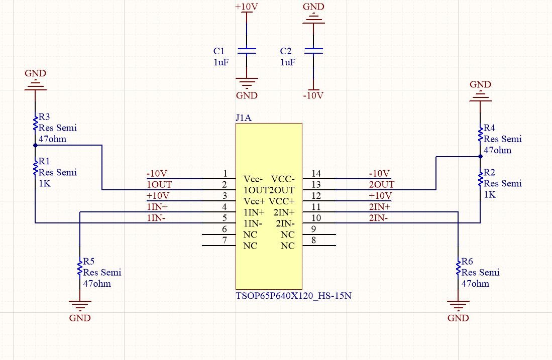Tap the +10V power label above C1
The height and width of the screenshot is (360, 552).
pos(247,8)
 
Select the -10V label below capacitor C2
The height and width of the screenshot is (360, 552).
pos(314,95)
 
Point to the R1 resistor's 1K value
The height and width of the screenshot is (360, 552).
pos(44,183)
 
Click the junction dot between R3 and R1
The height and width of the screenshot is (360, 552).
pos(35,146)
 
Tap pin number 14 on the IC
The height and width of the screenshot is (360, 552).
pos(316,174)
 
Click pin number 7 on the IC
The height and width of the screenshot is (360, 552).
pos(224,241)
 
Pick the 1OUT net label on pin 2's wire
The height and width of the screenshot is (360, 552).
pos(159,185)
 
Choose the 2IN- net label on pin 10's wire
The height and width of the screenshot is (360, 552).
pos(378,218)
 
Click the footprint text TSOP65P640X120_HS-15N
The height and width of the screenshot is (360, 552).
pos(293,296)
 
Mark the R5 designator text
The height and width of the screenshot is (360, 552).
pos(89,262)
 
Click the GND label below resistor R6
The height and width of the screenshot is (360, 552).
pos(458,318)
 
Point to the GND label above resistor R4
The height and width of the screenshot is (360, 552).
pos(480,84)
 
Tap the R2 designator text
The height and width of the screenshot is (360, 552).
pos(490,173)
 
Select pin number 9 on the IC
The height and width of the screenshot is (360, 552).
pos(313,229)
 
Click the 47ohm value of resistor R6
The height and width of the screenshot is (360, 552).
pos(475,284)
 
